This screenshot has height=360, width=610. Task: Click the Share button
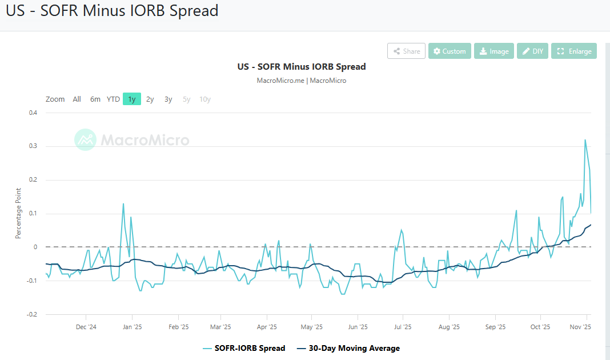click(x=406, y=51)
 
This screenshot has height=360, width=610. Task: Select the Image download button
click(x=494, y=51)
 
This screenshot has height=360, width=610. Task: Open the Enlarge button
click(x=574, y=51)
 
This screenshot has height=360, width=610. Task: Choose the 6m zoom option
click(x=95, y=99)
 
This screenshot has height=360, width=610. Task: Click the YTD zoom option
click(x=113, y=99)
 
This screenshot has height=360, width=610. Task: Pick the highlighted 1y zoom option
click(x=132, y=99)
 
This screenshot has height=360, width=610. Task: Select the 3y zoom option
click(x=168, y=99)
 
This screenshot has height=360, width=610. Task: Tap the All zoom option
click(x=77, y=99)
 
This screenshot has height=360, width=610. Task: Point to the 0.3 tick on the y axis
click(x=33, y=146)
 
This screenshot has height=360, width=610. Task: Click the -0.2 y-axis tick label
click(x=31, y=314)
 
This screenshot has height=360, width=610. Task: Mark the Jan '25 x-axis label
click(x=132, y=327)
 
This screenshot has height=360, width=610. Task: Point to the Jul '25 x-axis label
click(x=403, y=327)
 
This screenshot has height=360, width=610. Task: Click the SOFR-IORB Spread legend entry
click(x=244, y=348)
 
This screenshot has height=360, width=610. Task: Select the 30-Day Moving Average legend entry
click(x=348, y=348)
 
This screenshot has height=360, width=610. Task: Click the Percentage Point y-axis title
click(x=18, y=213)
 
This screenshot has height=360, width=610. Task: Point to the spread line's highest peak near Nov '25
click(x=585, y=139)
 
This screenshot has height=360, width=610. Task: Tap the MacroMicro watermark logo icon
click(x=86, y=139)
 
